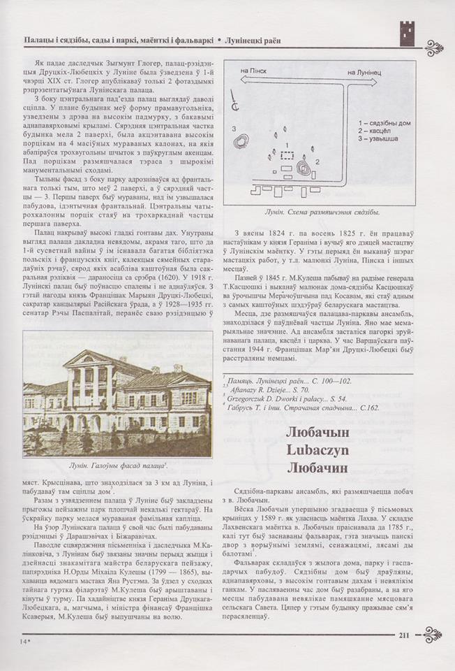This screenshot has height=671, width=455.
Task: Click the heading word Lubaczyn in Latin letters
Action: [x=334, y=451]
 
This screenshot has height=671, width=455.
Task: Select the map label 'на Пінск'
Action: [x=256, y=71]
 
